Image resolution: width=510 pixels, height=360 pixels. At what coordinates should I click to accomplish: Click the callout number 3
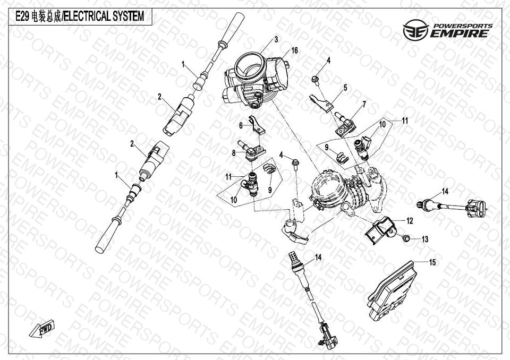click(276, 39)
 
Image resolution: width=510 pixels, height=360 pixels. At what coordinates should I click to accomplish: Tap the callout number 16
click(294, 50)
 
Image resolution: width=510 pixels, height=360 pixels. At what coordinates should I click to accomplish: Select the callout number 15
click(432, 262)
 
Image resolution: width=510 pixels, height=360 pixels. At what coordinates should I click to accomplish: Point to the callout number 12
click(410, 221)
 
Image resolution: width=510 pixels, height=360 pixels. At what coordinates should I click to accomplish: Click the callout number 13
click(425, 239)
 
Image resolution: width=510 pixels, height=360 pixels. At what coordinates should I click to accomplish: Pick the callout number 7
click(364, 105)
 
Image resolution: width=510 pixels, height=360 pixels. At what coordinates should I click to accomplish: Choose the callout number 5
click(345, 88)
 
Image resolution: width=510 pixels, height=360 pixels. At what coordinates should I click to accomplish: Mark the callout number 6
click(241, 125)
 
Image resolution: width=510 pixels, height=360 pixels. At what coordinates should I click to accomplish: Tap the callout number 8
click(234, 152)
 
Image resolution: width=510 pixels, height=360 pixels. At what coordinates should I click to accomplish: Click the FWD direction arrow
click(41, 329)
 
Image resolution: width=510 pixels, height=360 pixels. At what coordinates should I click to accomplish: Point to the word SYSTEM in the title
click(128, 16)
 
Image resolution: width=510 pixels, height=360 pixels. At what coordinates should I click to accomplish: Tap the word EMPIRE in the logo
click(459, 33)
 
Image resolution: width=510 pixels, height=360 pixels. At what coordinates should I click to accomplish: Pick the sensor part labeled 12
click(379, 230)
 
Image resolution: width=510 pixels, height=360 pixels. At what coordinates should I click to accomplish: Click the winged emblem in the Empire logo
click(415, 30)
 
